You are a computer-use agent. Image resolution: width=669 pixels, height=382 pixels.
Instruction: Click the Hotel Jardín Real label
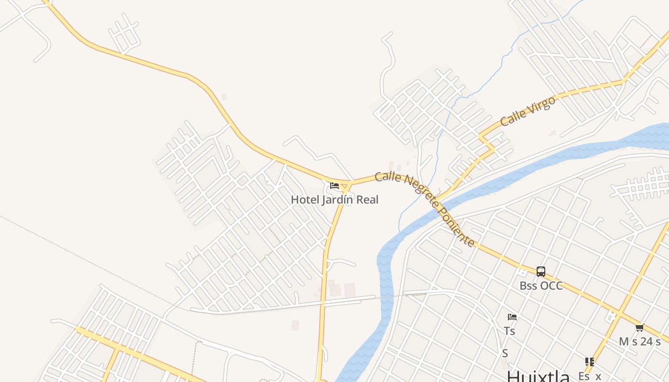coord(334,200)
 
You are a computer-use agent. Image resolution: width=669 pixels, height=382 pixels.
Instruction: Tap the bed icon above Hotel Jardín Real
coord(334,185)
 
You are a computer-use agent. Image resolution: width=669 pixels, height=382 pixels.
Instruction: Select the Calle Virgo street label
coord(528,111)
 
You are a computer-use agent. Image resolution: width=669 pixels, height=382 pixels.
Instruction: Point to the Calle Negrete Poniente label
coord(425,209)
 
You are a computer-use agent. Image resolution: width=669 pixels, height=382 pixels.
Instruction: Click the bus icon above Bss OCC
coord(541,272)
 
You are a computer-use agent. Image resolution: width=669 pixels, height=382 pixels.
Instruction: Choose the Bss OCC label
coord(541,286)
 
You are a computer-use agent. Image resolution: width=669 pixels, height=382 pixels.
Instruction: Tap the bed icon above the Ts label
coord(512,317)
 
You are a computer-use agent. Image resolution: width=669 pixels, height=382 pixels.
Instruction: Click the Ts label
coord(509,331)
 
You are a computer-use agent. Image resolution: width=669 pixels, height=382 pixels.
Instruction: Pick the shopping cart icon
coord(640,328)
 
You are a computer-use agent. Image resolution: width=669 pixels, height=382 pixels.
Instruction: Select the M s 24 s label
coord(640,341)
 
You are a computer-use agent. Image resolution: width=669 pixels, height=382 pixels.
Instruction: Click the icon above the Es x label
coord(590,362)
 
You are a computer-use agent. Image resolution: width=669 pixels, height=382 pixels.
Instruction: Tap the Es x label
coord(590,376)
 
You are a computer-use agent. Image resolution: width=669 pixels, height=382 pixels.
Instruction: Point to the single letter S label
coord(505,354)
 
